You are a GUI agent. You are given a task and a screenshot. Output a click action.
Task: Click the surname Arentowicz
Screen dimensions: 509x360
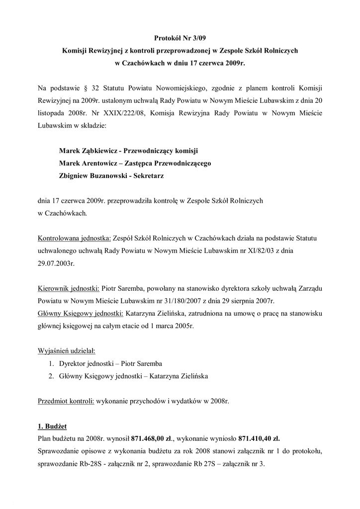pyautogui.click(x=104, y=163)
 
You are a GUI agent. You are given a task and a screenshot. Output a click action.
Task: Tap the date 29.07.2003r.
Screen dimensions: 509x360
pyautogui.click(x=56, y=263)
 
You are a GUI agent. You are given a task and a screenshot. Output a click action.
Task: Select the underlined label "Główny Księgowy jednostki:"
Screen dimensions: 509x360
pyautogui.click(x=81, y=314)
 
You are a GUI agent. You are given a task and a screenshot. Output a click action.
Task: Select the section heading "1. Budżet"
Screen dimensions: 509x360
pyautogui.click(x=52, y=426)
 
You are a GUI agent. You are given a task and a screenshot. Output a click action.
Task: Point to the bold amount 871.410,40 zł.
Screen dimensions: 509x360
pyautogui.click(x=259, y=439)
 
